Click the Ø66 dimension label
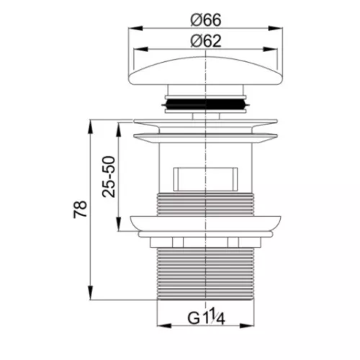[x=206, y=20]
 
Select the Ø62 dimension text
[x=206, y=41]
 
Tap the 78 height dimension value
[x=81, y=210]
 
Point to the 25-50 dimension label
[x=109, y=176]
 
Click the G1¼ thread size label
[x=206, y=318]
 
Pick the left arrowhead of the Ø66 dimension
[x=135, y=28]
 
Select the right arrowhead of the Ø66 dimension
[x=276, y=28]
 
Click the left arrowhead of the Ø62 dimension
[x=140, y=49]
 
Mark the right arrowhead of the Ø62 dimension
[x=271, y=49]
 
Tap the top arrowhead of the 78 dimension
[x=90, y=127]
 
